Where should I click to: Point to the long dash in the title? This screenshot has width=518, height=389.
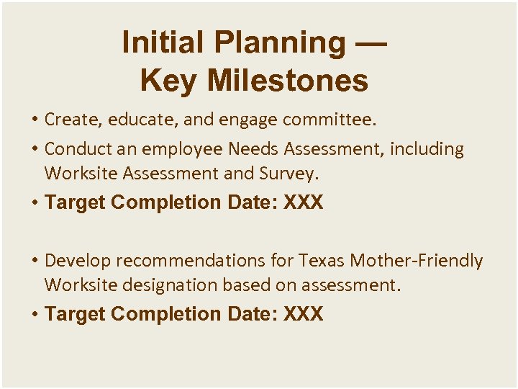tap(371, 43)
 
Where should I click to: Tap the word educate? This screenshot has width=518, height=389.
tap(135, 119)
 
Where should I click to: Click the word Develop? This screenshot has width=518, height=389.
tap(74, 260)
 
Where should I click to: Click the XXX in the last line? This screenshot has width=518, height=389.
tap(304, 314)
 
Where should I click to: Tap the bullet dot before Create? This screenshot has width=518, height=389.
tap(34, 119)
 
